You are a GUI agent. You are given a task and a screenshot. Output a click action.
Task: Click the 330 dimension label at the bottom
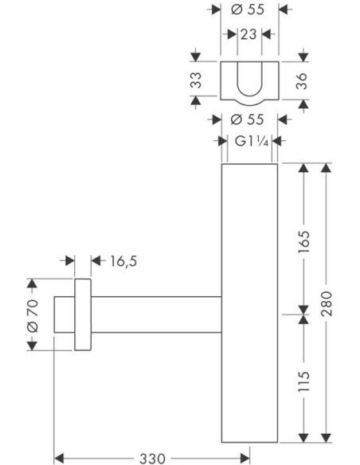(x=152, y=459)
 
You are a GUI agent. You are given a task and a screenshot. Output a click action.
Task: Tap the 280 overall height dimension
(x=327, y=303)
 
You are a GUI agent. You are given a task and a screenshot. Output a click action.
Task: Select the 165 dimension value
(x=303, y=242)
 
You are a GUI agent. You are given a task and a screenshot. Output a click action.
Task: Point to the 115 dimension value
(x=303, y=381)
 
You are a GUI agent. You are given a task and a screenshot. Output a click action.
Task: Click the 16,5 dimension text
(x=123, y=261)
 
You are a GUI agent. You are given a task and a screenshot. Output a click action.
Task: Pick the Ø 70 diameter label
(x=33, y=315)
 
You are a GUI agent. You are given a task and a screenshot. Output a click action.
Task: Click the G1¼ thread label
(x=252, y=141)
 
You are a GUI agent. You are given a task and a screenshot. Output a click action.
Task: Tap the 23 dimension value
(x=248, y=34)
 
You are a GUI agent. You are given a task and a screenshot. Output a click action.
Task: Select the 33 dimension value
(x=196, y=80)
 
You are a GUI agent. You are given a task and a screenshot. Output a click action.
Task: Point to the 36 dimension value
(x=302, y=81)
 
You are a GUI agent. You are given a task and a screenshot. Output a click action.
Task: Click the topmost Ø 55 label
(x=248, y=10)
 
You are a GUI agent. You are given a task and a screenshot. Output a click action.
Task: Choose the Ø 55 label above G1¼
(x=247, y=119)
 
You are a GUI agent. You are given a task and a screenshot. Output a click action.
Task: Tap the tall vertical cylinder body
(x=249, y=303)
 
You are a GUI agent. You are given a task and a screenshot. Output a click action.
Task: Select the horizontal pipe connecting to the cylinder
(x=156, y=315)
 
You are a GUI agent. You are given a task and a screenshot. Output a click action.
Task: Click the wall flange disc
(x=83, y=315)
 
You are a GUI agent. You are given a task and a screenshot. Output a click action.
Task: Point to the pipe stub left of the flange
(x=65, y=315)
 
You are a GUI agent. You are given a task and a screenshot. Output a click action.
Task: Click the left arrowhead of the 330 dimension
(x=59, y=458)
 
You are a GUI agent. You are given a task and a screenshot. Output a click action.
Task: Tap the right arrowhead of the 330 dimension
(x=245, y=458)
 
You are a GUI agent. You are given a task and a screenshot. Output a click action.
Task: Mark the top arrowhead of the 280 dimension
(x=327, y=168)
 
